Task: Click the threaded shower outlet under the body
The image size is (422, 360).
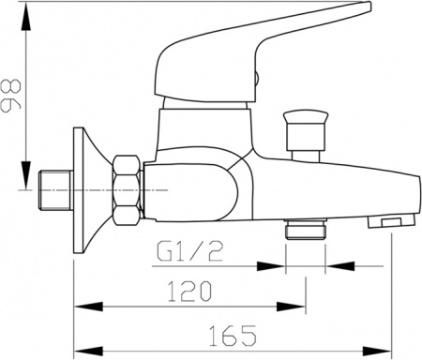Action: tap(304, 230)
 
